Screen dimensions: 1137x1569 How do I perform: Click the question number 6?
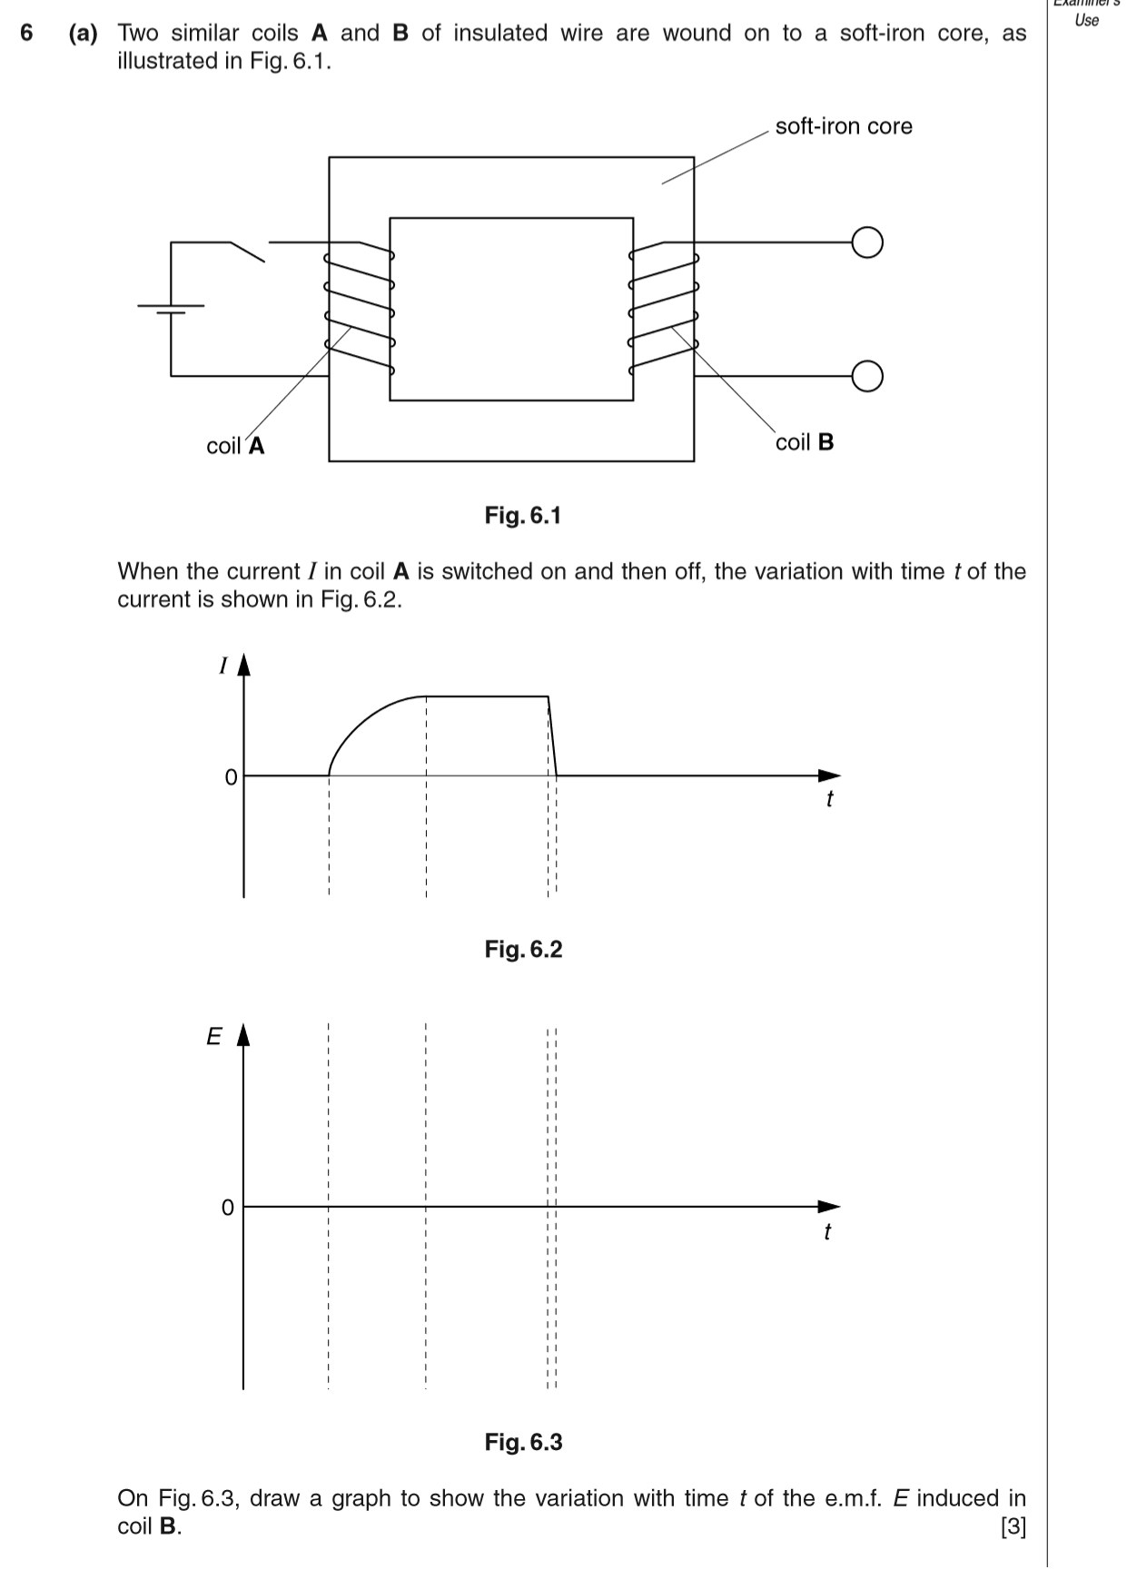pos(27,34)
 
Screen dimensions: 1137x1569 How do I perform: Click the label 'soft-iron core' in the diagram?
pos(843,126)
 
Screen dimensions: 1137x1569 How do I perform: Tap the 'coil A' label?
pos(235,446)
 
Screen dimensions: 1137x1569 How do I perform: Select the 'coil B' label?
pos(805,442)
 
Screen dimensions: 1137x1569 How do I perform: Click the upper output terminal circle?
pos(867,242)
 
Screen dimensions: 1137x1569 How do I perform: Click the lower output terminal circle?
pos(867,375)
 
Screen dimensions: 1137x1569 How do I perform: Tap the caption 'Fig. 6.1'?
pos(523,516)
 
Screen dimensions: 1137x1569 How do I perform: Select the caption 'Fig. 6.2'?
pos(523,950)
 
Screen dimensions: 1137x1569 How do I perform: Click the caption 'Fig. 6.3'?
pos(523,1442)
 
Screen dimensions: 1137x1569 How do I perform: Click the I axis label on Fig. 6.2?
pos(222,666)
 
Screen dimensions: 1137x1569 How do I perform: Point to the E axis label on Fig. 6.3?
pos(214,1036)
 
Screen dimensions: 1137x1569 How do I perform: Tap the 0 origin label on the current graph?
pos(231,777)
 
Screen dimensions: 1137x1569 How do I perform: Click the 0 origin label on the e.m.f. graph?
pos(228,1208)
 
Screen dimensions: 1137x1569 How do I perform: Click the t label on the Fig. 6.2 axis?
pos(829,799)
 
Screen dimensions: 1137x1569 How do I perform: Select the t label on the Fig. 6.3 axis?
pos(826,1232)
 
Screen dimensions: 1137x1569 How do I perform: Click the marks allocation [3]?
pos(1013,1527)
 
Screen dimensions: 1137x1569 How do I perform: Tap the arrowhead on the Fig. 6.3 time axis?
pos(828,1207)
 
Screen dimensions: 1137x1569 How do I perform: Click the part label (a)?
pos(84,34)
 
